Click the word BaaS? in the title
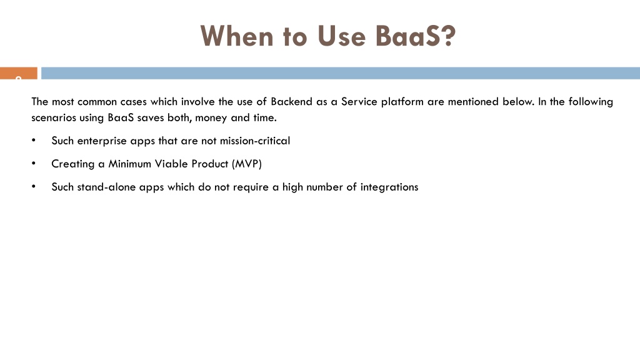pyautogui.click(x=415, y=36)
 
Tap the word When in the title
pyautogui.click(x=237, y=36)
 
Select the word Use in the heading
pyautogui.click(x=341, y=36)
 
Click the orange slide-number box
pyautogui.click(x=19, y=73)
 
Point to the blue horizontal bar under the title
pyautogui.click(x=341, y=73)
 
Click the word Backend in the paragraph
pyautogui.click(x=291, y=102)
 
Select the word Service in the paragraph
pyautogui.click(x=359, y=102)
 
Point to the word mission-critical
pyautogui.click(x=255, y=141)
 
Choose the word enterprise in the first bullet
pyautogui.click(x=102, y=141)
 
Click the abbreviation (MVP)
pyautogui.click(x=246, y=164)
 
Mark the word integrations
pyautogui.click(x=389, y=187)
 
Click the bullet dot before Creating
pyautogui.click(x=34, y=163)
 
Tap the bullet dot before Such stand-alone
pyautogui.click(x=34, y=186)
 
